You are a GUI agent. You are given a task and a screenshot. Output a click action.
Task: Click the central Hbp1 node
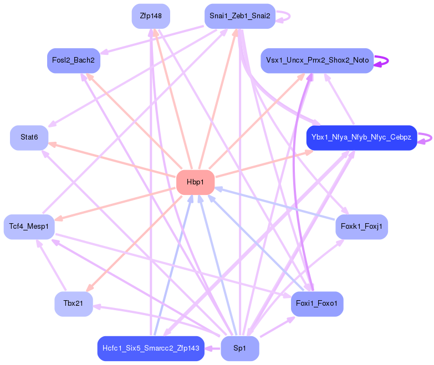click(x=195, y=182)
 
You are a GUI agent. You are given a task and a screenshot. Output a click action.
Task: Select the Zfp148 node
click(x=151, y=16)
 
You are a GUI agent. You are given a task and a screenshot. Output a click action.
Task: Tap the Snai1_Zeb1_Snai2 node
click(x=239, y=16)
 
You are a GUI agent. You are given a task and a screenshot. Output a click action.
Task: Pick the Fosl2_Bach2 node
click(x=73, y=60)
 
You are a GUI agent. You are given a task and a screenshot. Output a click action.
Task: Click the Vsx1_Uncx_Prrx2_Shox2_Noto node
click(x=317, y=60)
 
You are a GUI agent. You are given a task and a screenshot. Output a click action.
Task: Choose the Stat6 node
click(x=29, y=137)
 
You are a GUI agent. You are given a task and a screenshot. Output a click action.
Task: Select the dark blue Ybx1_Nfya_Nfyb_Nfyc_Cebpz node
click(x=361, y=137)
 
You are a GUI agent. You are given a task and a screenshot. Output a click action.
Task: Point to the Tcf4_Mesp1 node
click(x=29, y=227)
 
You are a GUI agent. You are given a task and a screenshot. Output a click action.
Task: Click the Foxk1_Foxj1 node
click(x=361, y=227)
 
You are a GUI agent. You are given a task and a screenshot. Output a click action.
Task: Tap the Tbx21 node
click(x=73, y=304)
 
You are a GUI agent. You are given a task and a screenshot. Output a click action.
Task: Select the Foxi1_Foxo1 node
click(x=317, y=304)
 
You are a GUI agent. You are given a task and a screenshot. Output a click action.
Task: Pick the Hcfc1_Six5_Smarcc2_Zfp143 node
click(x=151, y=348)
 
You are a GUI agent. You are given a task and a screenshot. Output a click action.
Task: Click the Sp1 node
click(x=239, y=348)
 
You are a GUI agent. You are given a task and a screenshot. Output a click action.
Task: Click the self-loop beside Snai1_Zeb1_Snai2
click(x=286, y=16)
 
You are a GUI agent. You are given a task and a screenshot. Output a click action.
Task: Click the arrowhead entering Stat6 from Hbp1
click(x=52, y=144)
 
